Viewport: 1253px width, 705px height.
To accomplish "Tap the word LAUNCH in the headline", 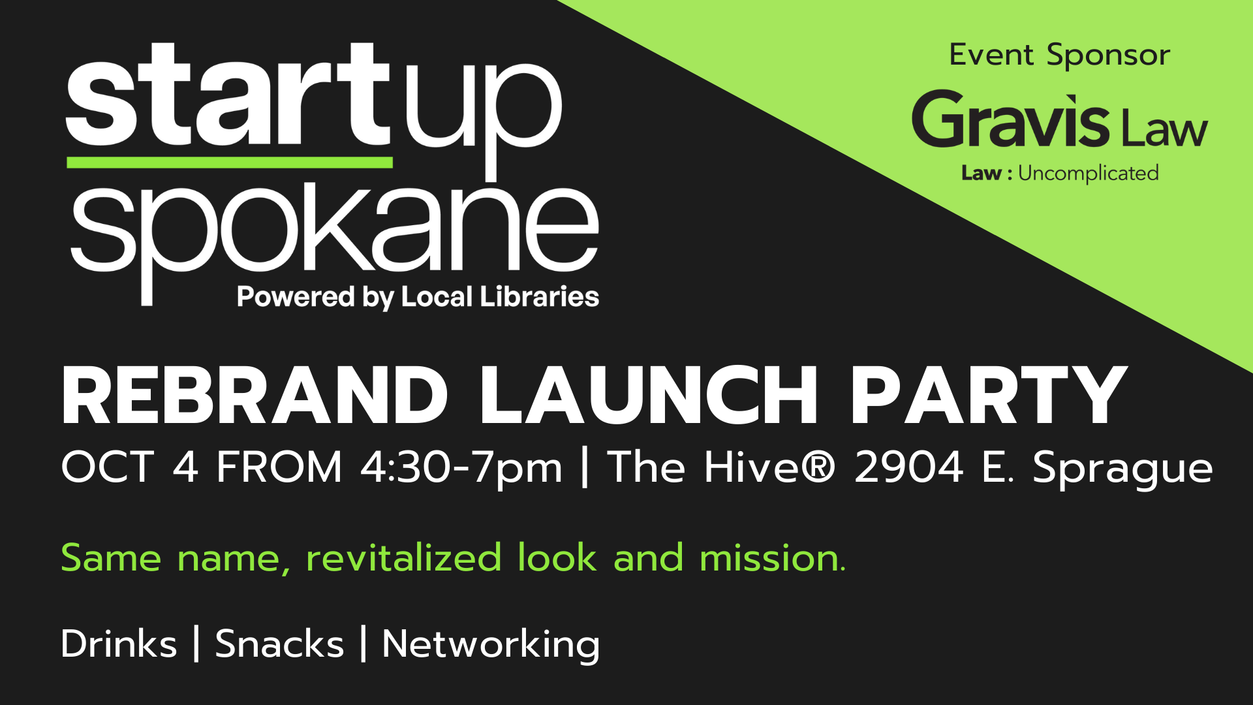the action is point(649,396).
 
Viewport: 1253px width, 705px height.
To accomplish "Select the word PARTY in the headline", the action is point(989,396).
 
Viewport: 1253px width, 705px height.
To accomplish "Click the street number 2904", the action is point(908,467).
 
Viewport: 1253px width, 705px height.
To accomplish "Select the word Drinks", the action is point(119,644).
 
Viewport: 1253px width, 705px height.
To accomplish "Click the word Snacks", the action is point(279,644).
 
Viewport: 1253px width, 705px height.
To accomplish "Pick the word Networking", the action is point(491,646).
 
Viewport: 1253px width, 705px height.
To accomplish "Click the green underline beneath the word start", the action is point(230,163).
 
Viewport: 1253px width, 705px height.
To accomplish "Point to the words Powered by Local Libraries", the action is point(418,298).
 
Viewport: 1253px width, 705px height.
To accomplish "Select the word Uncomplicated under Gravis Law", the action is point(1089,174).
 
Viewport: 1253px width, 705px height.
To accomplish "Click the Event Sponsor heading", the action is point(1060,55).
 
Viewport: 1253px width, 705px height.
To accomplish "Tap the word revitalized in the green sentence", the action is point(403,558).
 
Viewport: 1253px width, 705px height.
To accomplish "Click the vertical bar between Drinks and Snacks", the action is point(196,644).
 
